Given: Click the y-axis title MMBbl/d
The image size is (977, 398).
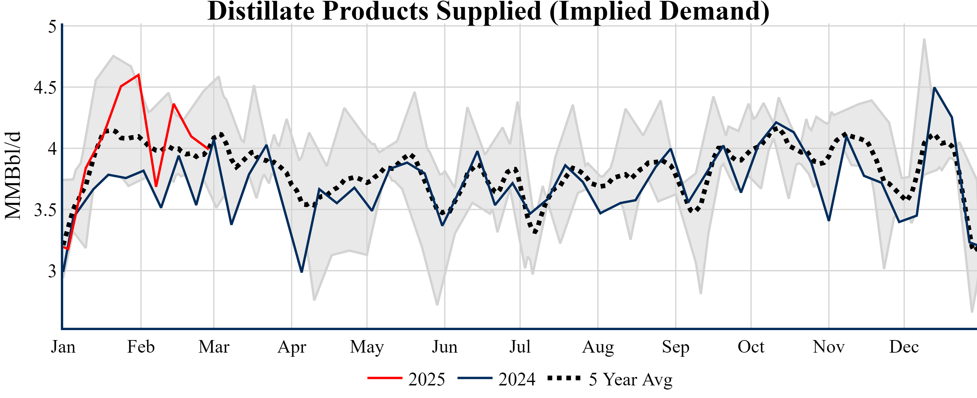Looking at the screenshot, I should pos(13,175).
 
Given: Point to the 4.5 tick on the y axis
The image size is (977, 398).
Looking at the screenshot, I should pos(45,88).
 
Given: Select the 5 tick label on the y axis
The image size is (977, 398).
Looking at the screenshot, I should pos(52,27).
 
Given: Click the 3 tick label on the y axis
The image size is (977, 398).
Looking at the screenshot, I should pos(52,271).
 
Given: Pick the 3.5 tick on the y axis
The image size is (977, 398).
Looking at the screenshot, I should pos(45,210).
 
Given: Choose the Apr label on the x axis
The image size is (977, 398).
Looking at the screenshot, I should pos(292,347).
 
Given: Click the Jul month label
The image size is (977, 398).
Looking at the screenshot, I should pos(520,347).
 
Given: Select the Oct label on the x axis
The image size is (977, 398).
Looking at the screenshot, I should pos(751,347).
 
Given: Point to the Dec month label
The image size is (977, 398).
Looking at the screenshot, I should pos(904,347).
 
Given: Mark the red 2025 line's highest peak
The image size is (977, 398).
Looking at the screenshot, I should pos(139,74).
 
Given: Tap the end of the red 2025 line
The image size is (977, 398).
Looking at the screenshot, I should pos(208,149).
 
